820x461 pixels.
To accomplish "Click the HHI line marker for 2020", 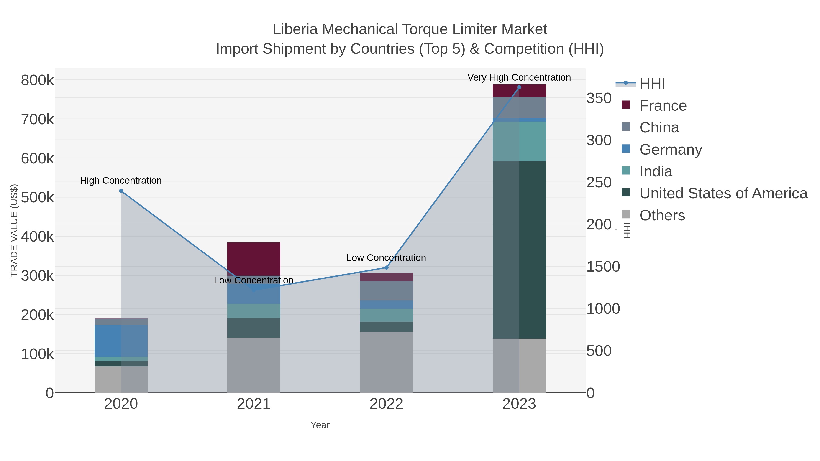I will [x=121, y=191].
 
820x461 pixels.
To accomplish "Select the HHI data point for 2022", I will [x=387, y=267].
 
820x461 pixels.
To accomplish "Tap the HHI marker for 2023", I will [x=519, y=87].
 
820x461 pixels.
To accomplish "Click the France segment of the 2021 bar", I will [x=254, y=259].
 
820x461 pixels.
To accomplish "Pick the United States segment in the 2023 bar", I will [x=519, y=250].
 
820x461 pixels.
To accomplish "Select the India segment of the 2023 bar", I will [x=519, y=141].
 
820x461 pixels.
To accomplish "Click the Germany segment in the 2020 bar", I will [x=121, y=341].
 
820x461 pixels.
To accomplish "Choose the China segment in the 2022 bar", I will [x=387, y=290].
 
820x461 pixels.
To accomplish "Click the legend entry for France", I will [x=663, y=106].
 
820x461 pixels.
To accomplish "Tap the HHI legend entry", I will [x=652, y=84].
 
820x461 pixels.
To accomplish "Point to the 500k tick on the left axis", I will [x=37, y=197].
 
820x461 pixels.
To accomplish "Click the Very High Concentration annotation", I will [x=519, y=77].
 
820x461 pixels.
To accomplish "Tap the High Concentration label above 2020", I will [x=121, y=180].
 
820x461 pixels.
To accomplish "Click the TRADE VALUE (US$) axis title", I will [x=14, y=230].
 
